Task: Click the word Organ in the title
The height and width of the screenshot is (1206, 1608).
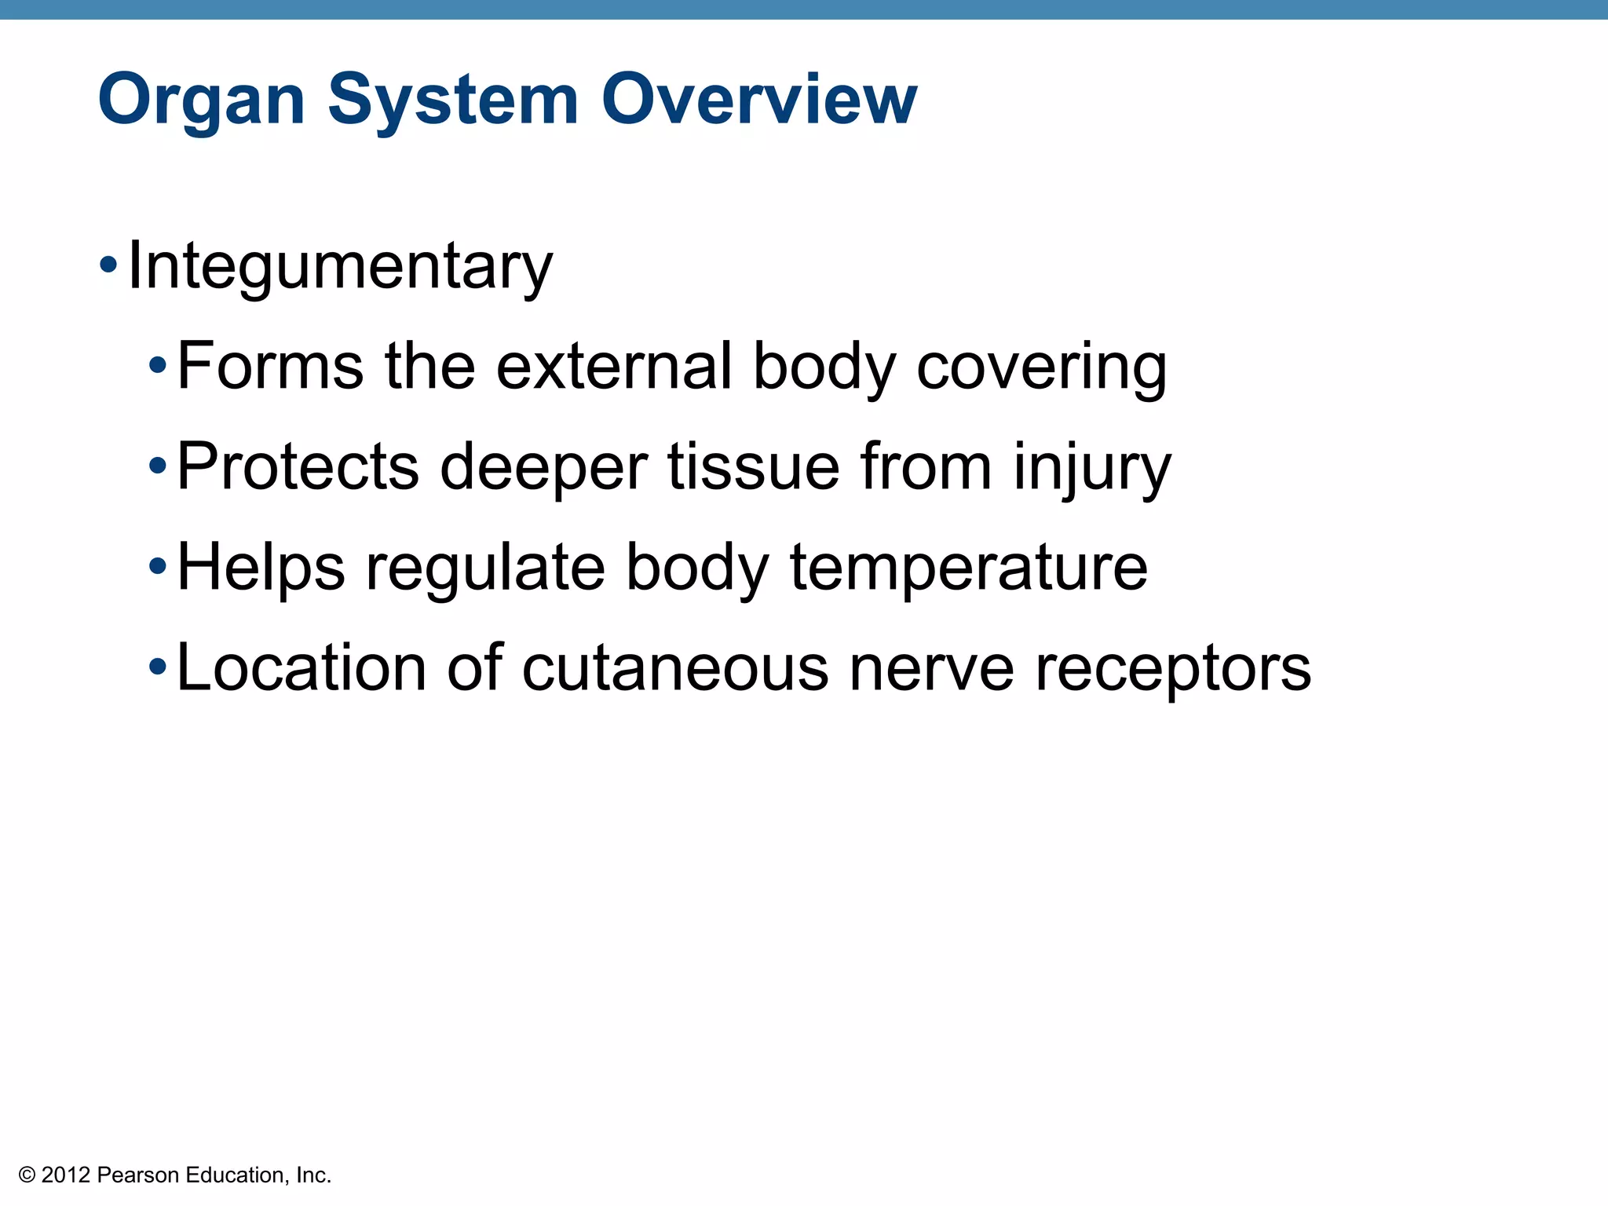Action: tap(201, 100)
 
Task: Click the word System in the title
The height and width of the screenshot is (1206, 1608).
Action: tap(453, 100)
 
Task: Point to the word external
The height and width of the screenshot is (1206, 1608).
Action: tap(614, 366)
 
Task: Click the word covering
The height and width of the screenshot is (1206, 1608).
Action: tap(1041, 367)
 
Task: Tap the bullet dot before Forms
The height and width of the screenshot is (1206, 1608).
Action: tap(158, 365)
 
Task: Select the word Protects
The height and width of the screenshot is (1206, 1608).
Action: tap(298, 466)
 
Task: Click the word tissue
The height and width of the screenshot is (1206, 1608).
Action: tap(753, 466)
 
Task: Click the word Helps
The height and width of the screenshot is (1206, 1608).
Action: tap(261, 568)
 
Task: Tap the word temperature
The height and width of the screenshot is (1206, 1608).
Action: tap(968, 568)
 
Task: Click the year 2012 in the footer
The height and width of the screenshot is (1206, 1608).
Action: tap(66, 1175)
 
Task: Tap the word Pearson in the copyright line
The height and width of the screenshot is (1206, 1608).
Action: tap(138, 1175)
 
